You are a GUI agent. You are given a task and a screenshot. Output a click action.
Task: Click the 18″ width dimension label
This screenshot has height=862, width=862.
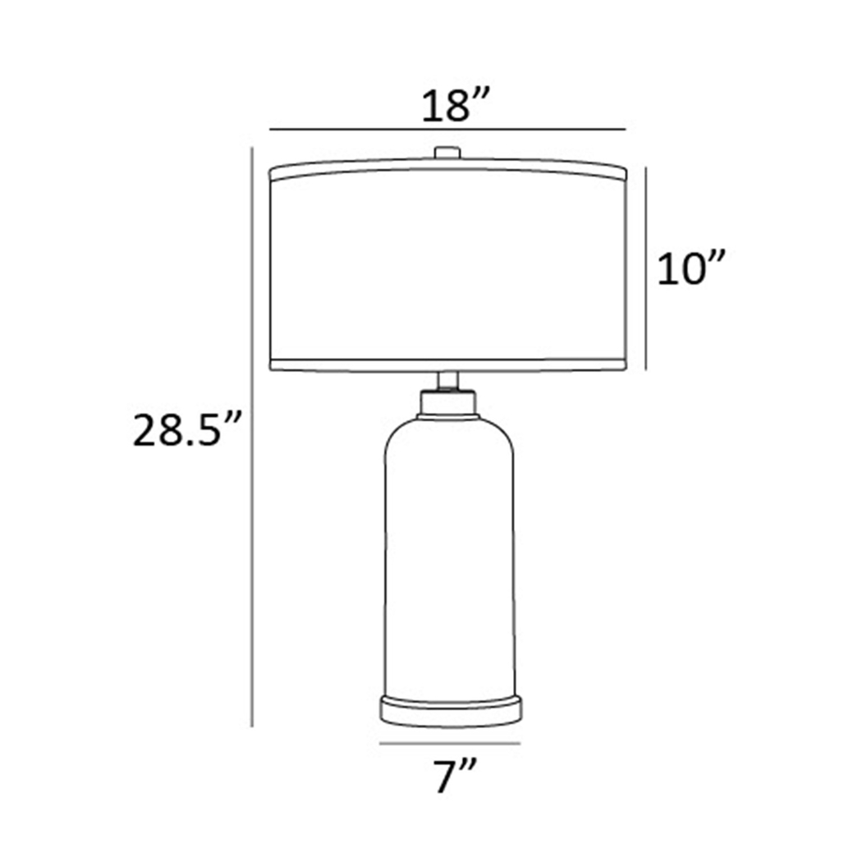pyautogui.click(x=456, y=106)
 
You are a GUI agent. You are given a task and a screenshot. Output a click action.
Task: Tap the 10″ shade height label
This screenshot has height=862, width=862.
pyautogui.click(x=691, y=268)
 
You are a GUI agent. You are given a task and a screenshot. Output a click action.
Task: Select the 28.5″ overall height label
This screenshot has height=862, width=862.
pyautogui.click(x=188, y=430)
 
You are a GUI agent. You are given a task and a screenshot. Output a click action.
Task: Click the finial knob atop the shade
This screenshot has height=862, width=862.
pyautogui.click(x=447, y=153)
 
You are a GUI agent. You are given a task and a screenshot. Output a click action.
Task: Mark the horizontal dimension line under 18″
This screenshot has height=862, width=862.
pyautogui.click(x=448, y=130)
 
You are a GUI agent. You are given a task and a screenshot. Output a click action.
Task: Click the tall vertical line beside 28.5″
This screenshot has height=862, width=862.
pyautogui.click(x=251, y=435)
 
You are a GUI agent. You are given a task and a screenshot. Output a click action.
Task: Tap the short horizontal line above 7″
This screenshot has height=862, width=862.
pyautogui.click(x=449, y=745)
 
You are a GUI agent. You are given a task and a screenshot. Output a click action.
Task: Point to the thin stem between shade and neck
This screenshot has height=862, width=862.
pyautogui.click(x=447, y=380)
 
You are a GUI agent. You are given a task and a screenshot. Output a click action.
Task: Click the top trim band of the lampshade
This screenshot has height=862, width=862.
pyautogui.click(x=448, y=173)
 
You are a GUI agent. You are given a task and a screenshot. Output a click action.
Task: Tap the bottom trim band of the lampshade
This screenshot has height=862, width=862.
pyautogui.click(x=448, y=365)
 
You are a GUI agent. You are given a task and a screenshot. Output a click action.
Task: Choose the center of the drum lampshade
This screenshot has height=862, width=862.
pyautogui.click(x=448, y=268)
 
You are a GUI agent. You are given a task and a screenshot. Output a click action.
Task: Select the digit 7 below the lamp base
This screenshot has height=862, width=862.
pyautogui.click(x=446, y=776)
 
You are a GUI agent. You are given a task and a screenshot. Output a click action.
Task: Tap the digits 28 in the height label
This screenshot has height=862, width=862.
pyautogui.click(x=158, y=431)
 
